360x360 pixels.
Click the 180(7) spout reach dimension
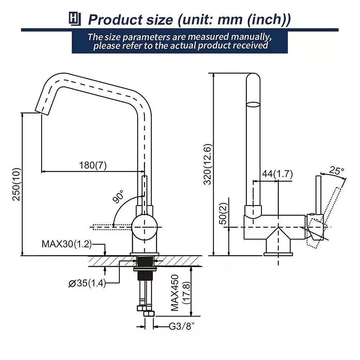click(93, 165)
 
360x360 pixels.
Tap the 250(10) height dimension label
click(17, 184)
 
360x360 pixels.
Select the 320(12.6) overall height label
click(208, 165)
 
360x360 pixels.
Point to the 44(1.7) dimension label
click(277, 174)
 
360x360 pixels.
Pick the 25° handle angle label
click(337, 170)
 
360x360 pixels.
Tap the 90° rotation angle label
click(118, 196)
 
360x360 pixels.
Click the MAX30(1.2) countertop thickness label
click(67, 244)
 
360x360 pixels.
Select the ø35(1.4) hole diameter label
click(87, 283)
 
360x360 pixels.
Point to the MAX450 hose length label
click(175, 293)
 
